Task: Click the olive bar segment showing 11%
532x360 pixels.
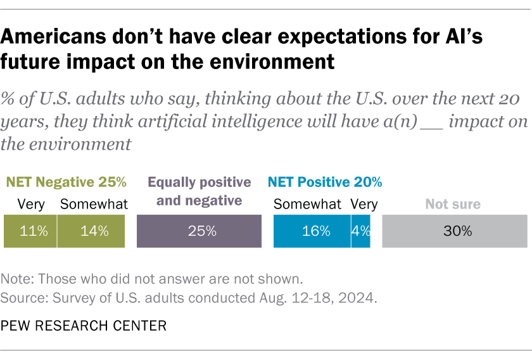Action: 30,231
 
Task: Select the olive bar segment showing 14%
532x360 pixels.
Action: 91,231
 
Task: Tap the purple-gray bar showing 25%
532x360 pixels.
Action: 199,231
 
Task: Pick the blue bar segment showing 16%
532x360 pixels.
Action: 312,231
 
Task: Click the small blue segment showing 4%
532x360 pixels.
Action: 361,231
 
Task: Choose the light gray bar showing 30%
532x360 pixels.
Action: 455,231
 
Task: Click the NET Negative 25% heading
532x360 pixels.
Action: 66,183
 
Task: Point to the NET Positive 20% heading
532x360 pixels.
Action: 325,183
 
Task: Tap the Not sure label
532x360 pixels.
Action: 453,204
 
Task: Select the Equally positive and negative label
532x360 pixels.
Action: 199,191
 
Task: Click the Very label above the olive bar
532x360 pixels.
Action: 30,204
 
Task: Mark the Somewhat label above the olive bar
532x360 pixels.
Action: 94,204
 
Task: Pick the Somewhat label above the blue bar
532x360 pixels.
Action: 307,204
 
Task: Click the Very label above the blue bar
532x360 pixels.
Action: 364,204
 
